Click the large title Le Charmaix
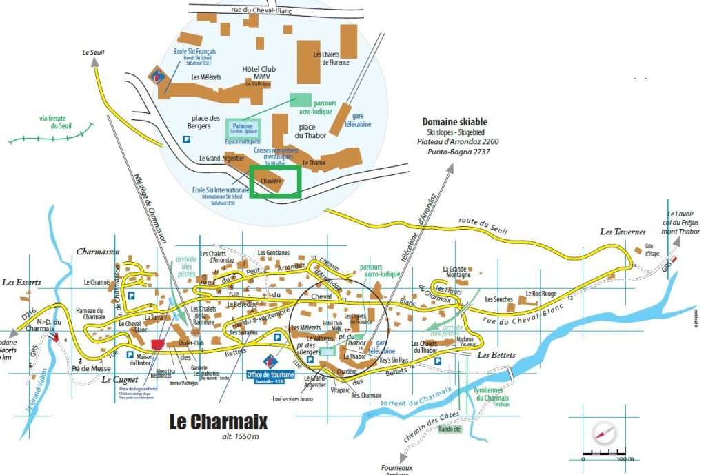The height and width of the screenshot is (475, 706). (x=218, y=421)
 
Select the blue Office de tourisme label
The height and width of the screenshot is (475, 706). (x=270, y=374)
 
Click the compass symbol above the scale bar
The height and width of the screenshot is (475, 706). (x=602, y=433)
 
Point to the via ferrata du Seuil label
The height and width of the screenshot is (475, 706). (x=56, y=122)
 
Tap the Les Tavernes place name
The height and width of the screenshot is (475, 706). (x=622, y=232)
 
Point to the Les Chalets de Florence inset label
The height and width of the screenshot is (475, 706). (x=331, y=58)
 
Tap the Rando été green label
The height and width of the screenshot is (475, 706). (x=450, y=429)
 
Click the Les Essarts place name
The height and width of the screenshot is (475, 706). (x=21, y=282)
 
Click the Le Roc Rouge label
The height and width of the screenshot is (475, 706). (x=541, y=293)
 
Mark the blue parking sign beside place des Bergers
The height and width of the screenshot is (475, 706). (x=186, y=139)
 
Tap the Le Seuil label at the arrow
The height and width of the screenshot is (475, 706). (x=94, y=52)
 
